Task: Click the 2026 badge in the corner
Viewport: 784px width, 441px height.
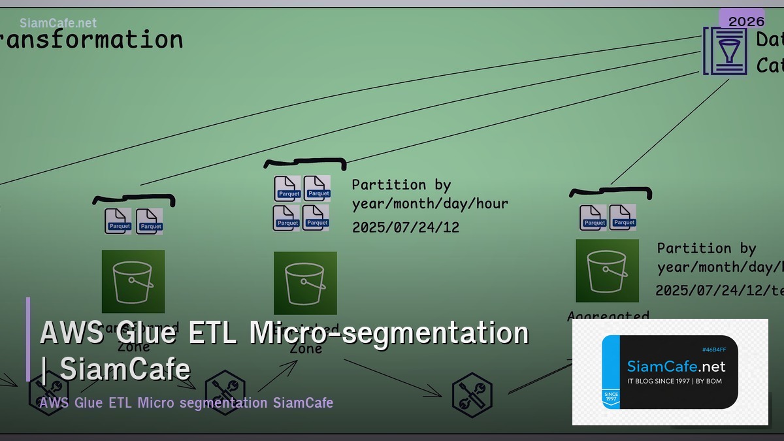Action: tap(746, 21)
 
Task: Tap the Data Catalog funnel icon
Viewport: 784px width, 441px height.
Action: tap(725, 50)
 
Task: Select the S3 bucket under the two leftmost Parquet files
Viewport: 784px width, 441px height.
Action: tap(133, 281)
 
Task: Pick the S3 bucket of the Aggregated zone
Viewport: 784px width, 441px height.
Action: tap(607, 270)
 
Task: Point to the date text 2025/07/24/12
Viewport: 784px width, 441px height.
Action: tap(405, 227)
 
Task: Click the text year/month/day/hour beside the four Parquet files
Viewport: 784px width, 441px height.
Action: tap(430, 204)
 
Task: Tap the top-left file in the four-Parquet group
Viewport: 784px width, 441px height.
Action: tap(287, 188)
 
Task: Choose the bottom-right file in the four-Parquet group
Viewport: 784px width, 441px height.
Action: tap(316, 218)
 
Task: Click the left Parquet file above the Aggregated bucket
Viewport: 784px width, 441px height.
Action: tap(593, 218)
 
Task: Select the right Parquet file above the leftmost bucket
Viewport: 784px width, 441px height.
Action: tap(150, 221)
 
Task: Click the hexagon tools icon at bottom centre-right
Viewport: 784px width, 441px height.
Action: tap(472, 395)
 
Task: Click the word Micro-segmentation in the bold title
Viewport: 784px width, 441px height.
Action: tap(389, 333)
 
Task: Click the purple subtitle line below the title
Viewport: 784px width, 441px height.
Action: tap(186, 402)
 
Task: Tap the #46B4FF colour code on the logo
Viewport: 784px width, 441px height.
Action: tap(713, 350)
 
